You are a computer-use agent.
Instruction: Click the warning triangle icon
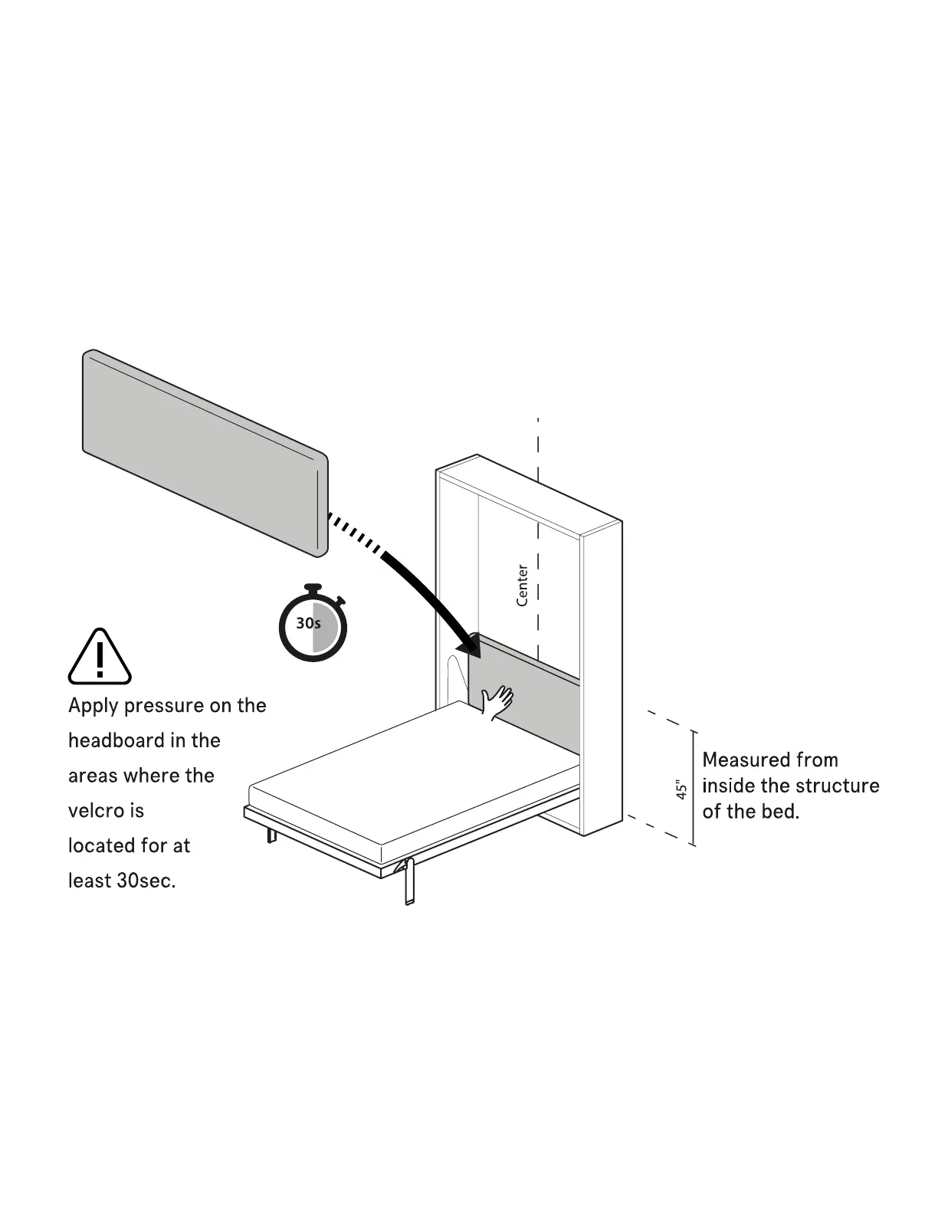100,657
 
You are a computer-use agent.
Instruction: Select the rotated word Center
522,586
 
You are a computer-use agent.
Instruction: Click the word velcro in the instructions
95,811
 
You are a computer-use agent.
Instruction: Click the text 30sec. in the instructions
146,881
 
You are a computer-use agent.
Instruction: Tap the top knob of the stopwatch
312,588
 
